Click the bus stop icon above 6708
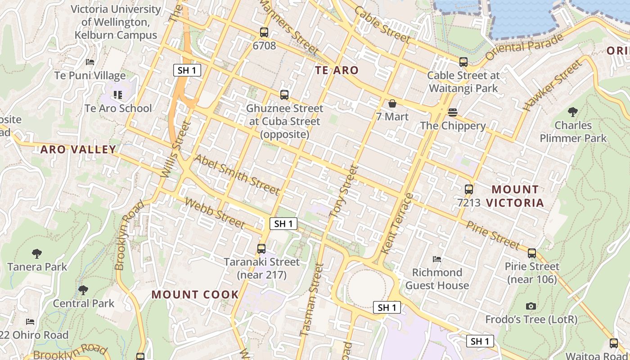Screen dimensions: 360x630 [264, 32]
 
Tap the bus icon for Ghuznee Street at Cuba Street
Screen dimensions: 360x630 [284, 95]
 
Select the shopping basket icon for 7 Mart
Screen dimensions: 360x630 [392, 104]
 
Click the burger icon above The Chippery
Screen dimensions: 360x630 [453, 112]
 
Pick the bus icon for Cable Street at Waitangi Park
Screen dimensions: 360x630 [463, 62]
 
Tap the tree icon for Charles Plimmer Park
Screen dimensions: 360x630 [573, 112]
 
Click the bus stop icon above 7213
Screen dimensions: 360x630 [469, 189]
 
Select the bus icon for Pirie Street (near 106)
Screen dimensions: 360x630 [532, 253]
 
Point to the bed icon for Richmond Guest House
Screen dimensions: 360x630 [436, 259]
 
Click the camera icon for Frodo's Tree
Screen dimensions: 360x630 [531, 306]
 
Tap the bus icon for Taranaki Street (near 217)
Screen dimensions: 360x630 [261, 248]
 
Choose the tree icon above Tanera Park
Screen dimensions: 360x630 [37, 254]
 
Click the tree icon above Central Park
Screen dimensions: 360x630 [83, 290]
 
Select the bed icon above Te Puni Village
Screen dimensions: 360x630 [90, 62]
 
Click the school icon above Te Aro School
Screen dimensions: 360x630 [118, 95]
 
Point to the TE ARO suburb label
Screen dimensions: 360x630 [337, 70]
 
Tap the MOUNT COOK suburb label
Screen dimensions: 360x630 [195, 295]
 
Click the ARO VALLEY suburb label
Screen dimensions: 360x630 [78, 149]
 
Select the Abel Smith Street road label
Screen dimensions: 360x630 [237, 175]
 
